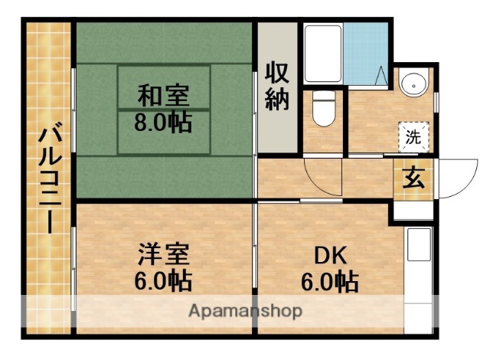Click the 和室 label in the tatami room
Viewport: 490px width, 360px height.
coord(162,97)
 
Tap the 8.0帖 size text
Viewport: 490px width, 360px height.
coord(162,122)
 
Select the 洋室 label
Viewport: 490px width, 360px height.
coord(163,253)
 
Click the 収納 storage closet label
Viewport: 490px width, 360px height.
coord(277,86)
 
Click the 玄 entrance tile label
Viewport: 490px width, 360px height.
coord(412,181)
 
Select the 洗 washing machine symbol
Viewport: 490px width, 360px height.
coord(413,139)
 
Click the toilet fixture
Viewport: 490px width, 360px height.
coord(322,113)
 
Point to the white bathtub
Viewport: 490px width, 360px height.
coord(323,55)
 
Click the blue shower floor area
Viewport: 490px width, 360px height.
coord(366,54)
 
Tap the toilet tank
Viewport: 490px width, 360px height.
coord(322,98)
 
